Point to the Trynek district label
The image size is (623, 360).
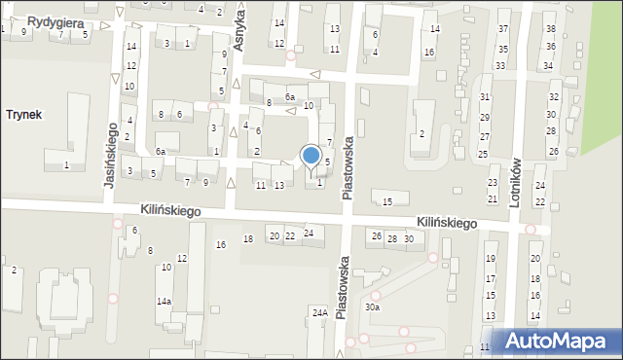(23, 115)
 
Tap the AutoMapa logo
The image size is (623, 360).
(558, 342)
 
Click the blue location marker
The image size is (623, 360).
(311, 156)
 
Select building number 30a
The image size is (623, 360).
(373, 307)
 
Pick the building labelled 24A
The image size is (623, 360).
(319, 312)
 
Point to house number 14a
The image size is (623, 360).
(165, 302)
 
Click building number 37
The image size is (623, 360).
(503, 30)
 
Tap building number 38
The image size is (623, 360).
(550, 30)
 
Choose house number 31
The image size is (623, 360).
(485, 97)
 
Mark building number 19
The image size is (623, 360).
(491, 259)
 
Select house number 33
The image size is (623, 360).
(500, 66)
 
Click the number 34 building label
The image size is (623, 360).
(548, 66)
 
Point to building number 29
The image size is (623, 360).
(485, 118)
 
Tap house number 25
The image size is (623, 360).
(483, 155)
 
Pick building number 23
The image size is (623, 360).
(493, 183)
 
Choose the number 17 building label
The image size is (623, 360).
(491, 279)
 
